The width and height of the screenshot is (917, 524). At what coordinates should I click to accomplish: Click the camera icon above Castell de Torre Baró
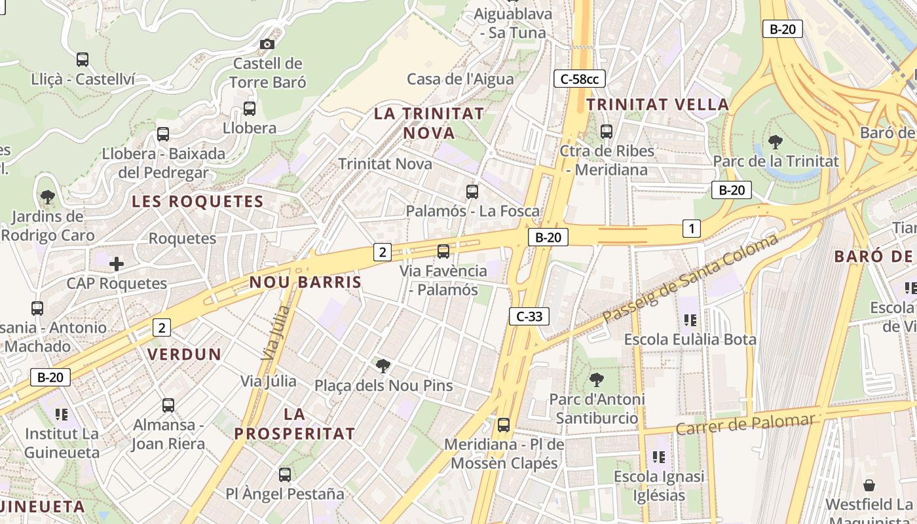click(x=267, y=44)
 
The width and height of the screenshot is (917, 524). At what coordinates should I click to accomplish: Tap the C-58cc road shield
click(x=579, y=79)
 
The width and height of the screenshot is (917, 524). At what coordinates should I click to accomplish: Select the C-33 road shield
click(x=529, y=316)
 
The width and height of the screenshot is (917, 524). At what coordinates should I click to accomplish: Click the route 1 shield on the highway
click(x=691, y=229)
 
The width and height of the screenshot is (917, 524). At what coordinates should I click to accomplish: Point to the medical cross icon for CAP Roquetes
click(x=117, y=264)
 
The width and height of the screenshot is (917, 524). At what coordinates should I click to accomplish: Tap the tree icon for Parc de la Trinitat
click(x=776, y=141)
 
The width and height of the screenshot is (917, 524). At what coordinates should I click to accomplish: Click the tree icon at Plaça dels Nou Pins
click(x=383, y=366)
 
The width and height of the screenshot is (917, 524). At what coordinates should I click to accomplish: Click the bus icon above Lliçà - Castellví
click(x=83, y=60)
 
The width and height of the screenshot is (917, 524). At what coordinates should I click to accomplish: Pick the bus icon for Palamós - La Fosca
click(x=472, y=192)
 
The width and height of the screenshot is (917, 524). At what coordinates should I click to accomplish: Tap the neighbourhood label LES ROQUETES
click(x=198, y=202)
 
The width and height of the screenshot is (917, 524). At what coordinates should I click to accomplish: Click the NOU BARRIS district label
click(x=305, y=282)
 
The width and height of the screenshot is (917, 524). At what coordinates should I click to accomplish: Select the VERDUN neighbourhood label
click(x=184, y=354)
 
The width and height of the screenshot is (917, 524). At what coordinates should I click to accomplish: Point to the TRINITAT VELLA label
click(x=658, y=104)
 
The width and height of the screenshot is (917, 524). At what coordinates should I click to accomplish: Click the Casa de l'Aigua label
click(x=460, y=79)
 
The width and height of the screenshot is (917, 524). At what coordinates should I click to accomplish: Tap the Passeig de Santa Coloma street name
click(x=691, y=278)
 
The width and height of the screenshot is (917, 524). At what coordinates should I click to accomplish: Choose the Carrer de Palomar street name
click(x=745, y=424)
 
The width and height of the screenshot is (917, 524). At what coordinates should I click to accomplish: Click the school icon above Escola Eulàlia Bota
click(x=690, y=320)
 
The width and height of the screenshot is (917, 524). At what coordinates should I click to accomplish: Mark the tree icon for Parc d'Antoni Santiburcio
click(x=596, y=379)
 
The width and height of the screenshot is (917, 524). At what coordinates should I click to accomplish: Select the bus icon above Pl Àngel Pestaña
click(x=285, y=475)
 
